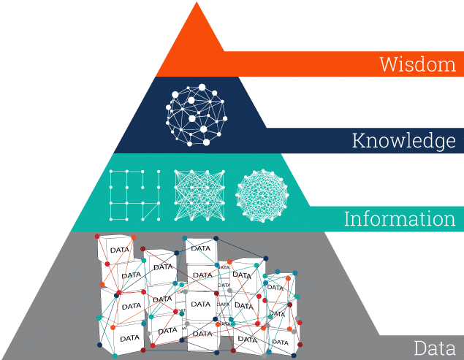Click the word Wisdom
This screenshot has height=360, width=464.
pyautogui.click(x=417, y=64)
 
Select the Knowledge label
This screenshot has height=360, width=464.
pyautogui.click(x=403, y=140)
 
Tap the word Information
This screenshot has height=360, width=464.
pyautogui.click(x=399, y=218)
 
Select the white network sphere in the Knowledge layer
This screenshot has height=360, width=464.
pyautogui.click(x=195, y=115)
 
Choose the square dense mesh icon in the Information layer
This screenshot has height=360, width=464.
pyautogui.click(x=195, y=195)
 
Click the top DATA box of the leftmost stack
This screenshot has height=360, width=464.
pyautogui.click(x=117, y=249)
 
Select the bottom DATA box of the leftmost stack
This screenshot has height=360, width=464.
pyautogui.click(x=129, y=337)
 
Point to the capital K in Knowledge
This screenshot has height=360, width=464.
pyautogui.click(x=358, y=140)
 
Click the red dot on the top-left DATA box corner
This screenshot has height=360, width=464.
pyautogui.click(x=98, y=236)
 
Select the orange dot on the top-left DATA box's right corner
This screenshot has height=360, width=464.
pyautogui.click(x=134, y=237)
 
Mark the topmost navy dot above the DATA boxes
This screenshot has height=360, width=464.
pyautogui.click(x=185, y=238)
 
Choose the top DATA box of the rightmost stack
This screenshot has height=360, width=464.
pyautogui.click(x=278, y=287)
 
